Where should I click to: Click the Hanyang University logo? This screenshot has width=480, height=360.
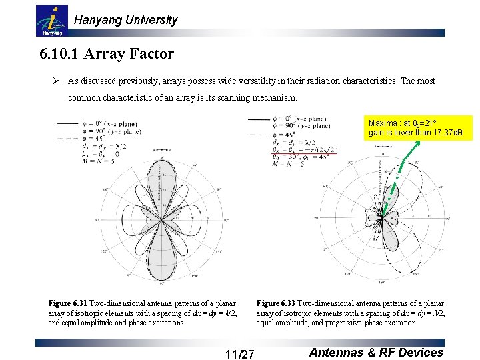51,21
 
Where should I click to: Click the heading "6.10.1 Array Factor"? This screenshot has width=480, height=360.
107,54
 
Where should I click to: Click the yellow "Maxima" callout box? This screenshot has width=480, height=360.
419,128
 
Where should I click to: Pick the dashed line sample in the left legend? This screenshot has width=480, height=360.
67,138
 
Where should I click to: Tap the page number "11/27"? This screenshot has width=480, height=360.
239,354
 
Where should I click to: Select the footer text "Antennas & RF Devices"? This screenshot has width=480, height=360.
376,353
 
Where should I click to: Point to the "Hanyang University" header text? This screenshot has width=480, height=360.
125,20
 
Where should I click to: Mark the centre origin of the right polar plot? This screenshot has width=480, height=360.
381,219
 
